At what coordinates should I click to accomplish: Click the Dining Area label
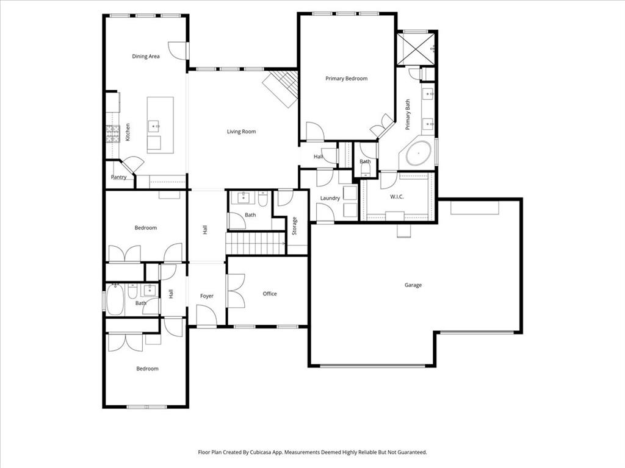click(146, 57)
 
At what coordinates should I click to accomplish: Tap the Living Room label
click(241, 132)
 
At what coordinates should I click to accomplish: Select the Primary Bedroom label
click(346, 79)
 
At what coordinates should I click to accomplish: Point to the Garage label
click(413, 285)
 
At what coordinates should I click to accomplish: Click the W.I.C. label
click(397, 197)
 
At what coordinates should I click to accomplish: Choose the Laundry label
click(330, 199)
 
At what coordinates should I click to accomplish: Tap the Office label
click(270, 294)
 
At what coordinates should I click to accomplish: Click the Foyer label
click(207, 296)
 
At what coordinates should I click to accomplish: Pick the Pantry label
click(118, 177)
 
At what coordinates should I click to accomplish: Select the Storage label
click(294, 226)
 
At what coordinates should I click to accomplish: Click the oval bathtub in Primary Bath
click(419, 154)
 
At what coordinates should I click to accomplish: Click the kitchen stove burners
click(113, 133)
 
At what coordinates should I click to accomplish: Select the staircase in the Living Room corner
click(281, 88)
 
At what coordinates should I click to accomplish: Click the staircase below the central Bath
click(256, 243)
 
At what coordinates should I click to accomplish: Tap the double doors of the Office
click(236, 291)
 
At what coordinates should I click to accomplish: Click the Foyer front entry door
click(206, 316)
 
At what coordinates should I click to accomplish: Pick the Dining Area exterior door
click(178, 50)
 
